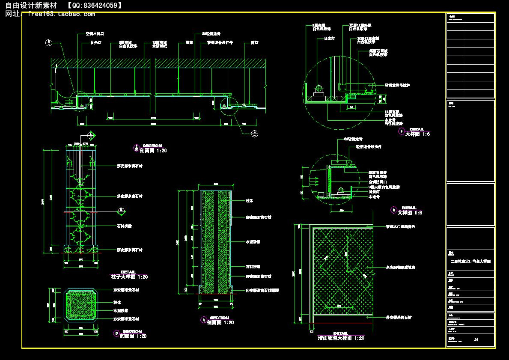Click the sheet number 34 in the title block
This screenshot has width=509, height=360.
[x=476, y=340]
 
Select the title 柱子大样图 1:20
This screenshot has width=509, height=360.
[x=129, y=277]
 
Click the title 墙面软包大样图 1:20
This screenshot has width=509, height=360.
[x=341, y=338]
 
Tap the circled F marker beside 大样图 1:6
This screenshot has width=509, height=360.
[x=402, y=132]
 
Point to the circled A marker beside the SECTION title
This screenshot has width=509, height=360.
[x=203, y=320]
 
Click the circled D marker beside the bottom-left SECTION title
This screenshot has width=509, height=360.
[x=116, y=333]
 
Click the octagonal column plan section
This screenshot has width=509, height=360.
[x=81, y=304]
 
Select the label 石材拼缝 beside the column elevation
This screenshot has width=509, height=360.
[x=124, y=226]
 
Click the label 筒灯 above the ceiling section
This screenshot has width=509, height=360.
[x=254, y=43]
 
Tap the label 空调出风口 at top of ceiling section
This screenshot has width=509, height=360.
[x=95, y=33]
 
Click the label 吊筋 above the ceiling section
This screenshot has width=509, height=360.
[x=189, y=43]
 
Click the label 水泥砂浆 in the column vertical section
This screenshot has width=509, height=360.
[x=253, y=242]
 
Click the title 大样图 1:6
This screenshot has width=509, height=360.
[x=417, y=134]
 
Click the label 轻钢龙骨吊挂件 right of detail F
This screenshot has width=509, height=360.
[x=397, y=85]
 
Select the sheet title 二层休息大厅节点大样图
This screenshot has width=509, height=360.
[x=470, y=261]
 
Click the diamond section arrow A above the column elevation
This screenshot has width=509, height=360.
[x=90, y=135]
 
